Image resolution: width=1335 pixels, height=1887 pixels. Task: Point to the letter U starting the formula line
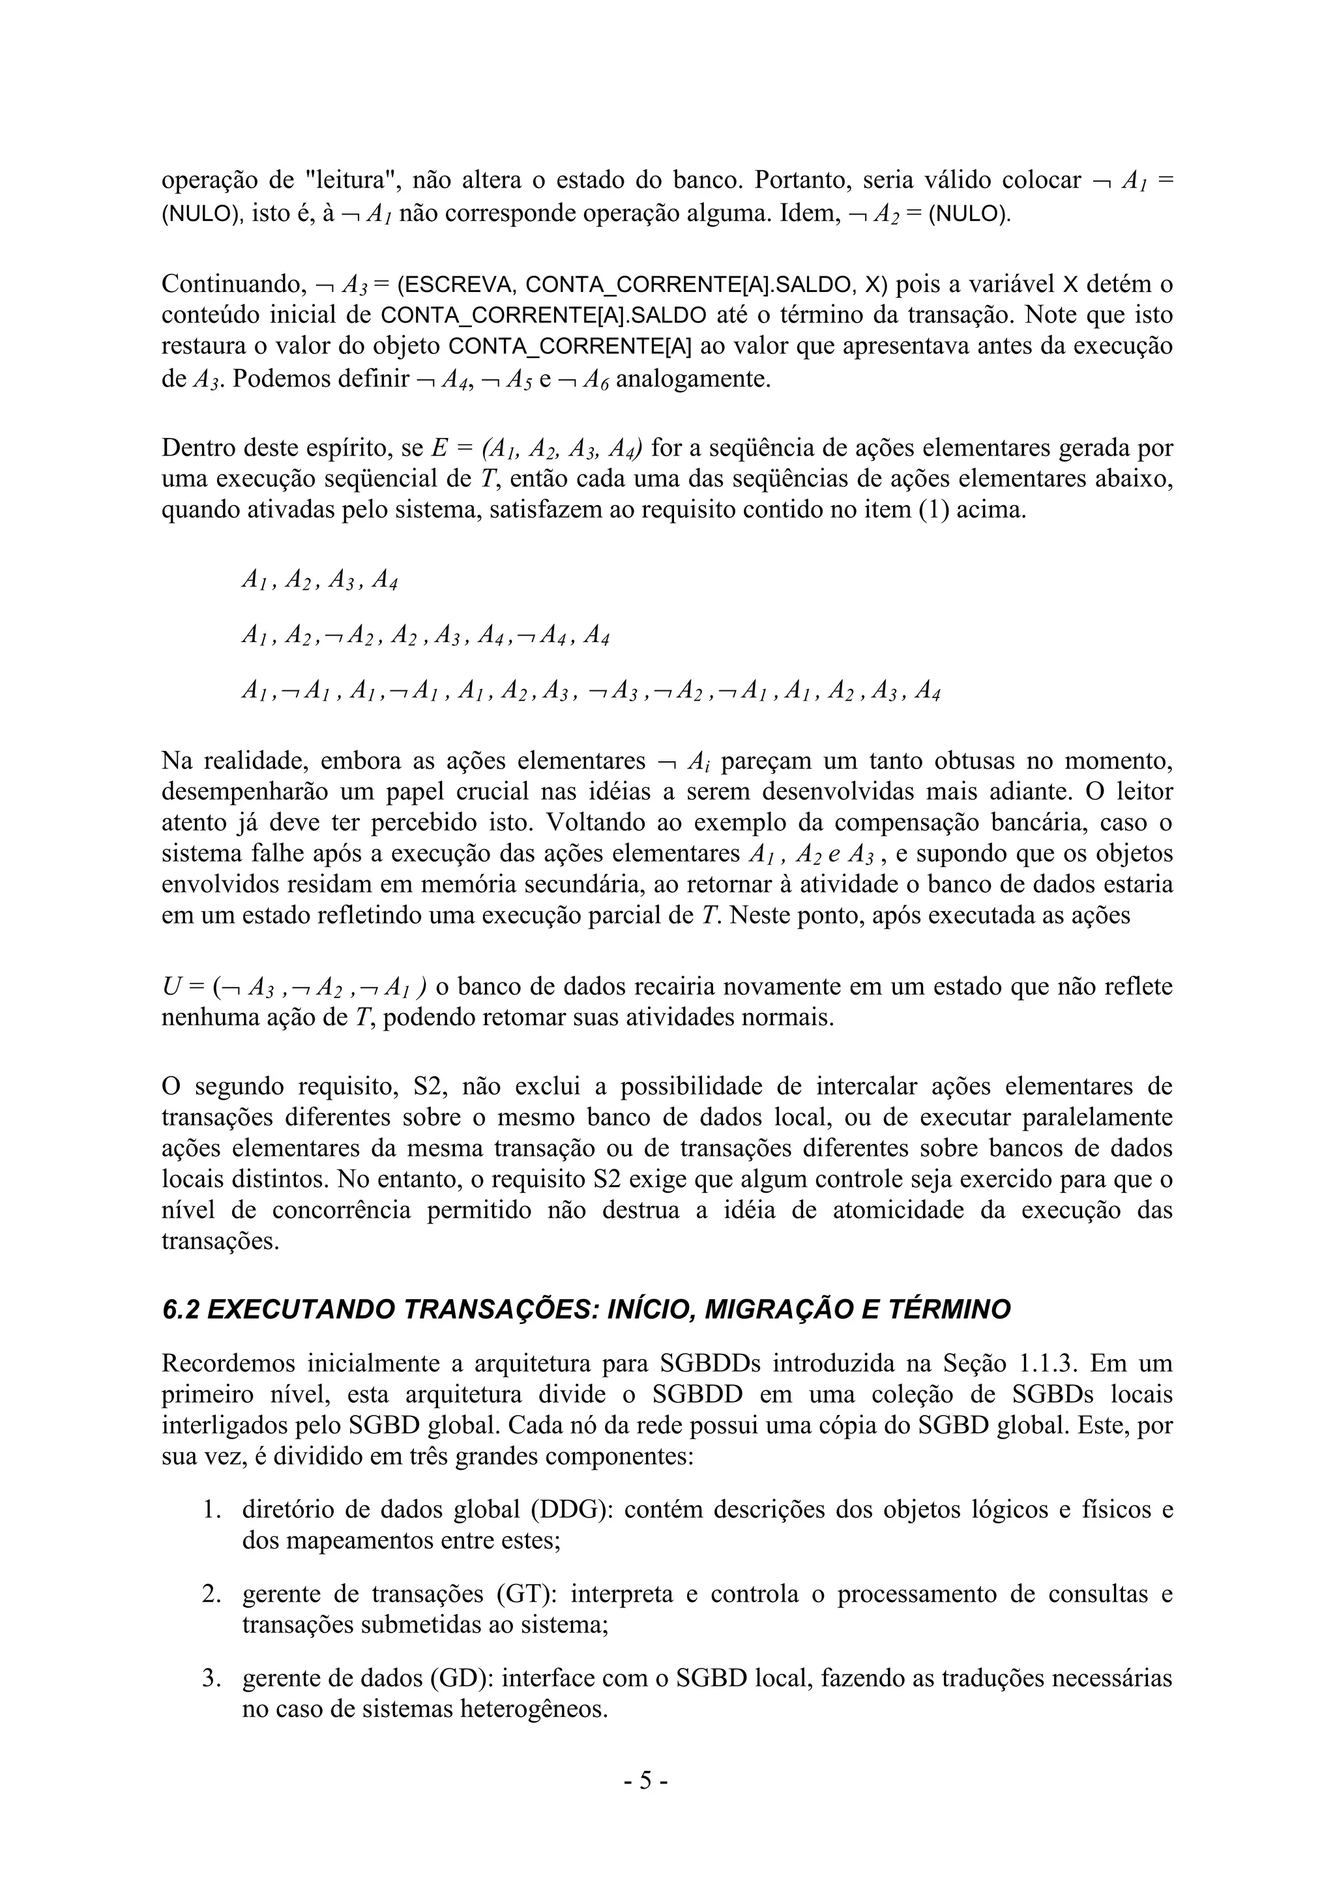click(171, 986)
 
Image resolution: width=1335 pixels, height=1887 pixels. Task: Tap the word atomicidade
click(898, 1210)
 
